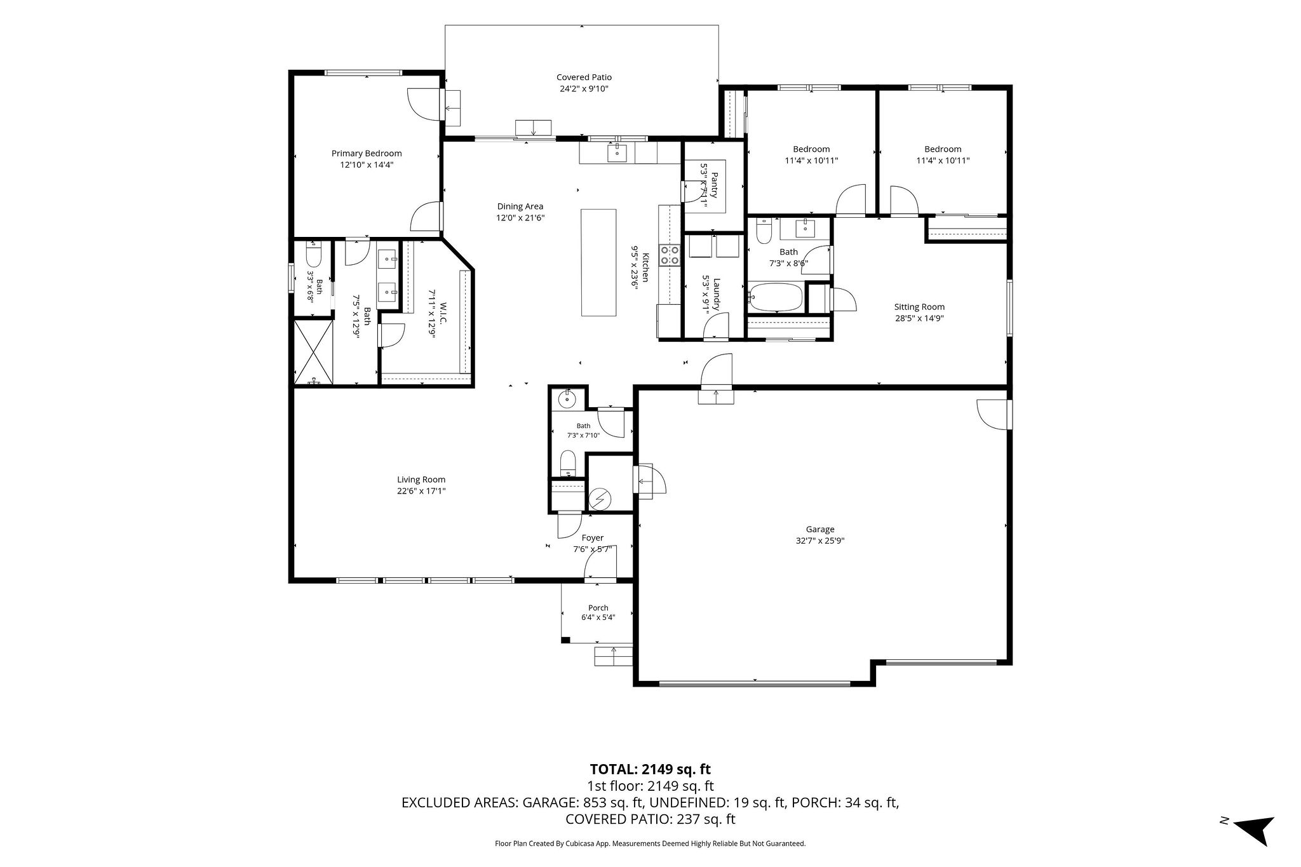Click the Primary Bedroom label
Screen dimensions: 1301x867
[x=367, y=153]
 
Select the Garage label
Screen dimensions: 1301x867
[x=820, y=529]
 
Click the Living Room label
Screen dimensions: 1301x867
[x=421, y=480]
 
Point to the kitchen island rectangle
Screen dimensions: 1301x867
[x=598, y=262]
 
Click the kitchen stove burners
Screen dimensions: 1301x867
[x=670, y=255]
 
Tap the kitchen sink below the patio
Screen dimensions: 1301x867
[x=617, y=152]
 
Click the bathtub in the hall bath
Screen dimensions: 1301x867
[x=776, y=297]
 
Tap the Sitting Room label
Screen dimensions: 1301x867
[x=919, y=307]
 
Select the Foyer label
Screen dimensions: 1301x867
[x=593, y=538]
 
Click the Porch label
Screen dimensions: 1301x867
[x=598, y=608]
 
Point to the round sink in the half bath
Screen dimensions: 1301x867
[x=566, y=400]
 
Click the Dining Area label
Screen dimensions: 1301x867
[x=520, y=206]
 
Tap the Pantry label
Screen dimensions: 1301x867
[x=715, y=185]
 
